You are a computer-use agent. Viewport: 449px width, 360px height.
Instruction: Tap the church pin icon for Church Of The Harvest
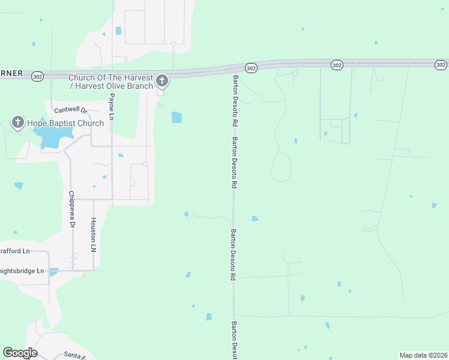tap(161, 81)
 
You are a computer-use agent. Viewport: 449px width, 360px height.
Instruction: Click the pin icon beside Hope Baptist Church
tap(18, 123)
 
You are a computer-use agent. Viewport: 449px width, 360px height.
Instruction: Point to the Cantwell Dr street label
tap(71, 110)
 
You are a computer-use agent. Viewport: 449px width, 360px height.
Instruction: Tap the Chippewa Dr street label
tap(71, 209)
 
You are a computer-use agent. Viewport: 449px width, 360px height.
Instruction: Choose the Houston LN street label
tap(93, 234)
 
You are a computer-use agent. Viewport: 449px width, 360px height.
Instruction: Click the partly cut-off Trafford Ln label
tap(14, 251)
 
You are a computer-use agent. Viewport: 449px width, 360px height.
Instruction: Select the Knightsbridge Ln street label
tap(22, 271)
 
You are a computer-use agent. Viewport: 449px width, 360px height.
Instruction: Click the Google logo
tap(20, 353)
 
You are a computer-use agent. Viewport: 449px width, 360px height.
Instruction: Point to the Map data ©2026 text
tap(423, 355)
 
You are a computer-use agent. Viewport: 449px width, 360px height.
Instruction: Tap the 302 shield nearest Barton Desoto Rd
tap(251, 68)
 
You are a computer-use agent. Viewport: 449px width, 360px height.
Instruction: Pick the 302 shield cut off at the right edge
tap(441, 64)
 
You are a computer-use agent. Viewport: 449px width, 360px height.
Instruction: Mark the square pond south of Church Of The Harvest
tap(176, 117)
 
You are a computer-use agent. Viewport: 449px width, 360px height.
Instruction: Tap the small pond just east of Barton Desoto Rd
tap(255, 218)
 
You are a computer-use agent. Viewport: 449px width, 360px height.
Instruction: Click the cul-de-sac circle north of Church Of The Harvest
tap(173, 44)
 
